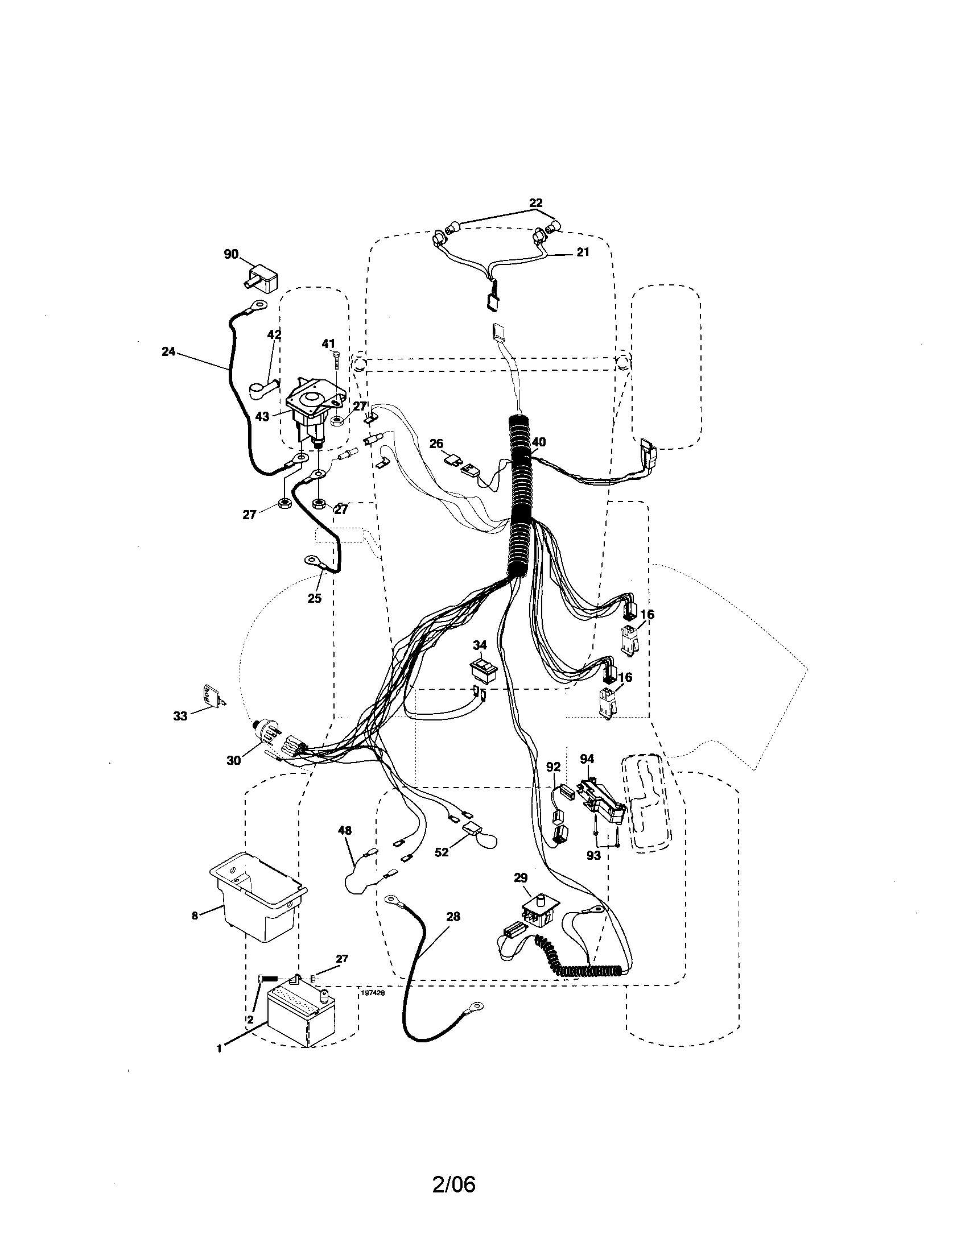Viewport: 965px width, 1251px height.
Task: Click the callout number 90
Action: pyautogui.click(x=231, y=254)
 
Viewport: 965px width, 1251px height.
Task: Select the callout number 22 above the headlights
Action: pyautogui.click(x=535, y=203)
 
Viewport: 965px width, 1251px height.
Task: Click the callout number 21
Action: pyautogui.click(x=583, y=252)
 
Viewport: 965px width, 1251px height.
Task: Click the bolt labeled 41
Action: pyautogui.click(x=336, y=363)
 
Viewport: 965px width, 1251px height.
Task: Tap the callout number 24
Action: pyautogui.click(x=168, y=351)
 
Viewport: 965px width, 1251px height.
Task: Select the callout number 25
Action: pyautogui.click(x=314, y=599)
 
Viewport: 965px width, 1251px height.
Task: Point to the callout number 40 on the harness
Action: pyautogui.click(x=539, y=442)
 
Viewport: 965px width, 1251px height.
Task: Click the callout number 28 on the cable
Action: pyautogui.click(x=453, y=917)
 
